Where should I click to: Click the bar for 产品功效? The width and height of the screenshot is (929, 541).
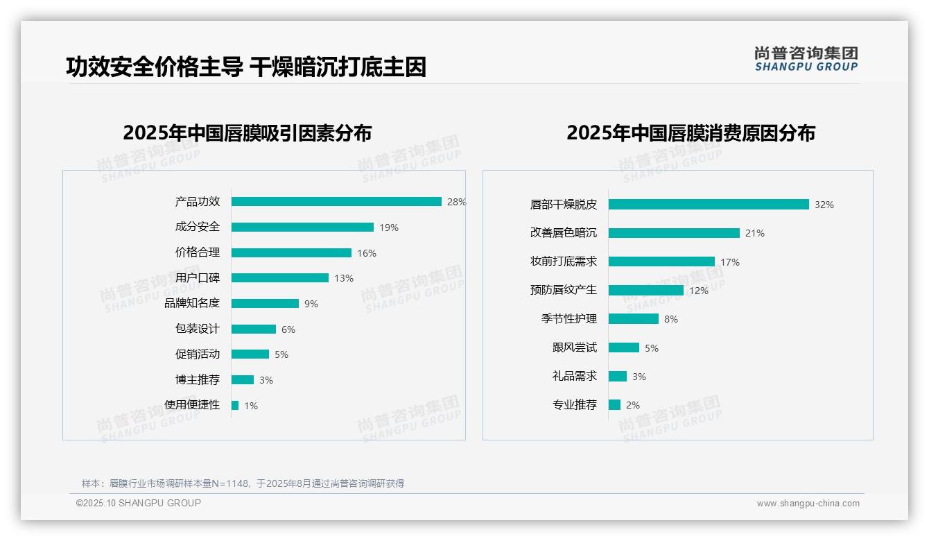pyautogui.click(x=336, y=202)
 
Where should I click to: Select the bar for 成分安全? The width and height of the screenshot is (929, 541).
pyautogui.click(x=302, y=227)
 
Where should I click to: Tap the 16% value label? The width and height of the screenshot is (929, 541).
pyautogui.click(x=367, y=253)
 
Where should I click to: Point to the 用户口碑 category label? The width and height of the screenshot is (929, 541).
pyautogui.click(x=198, y=278)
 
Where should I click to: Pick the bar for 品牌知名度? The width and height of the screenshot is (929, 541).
pyautogui.click(x=265, y=304)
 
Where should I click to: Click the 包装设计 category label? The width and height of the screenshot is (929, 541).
pyautogui.click(x=198, y=329)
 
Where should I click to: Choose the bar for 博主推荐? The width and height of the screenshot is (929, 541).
pyautogui.click(x=243, y=380)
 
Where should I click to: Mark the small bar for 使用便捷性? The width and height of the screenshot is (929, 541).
pyautogui.click(x=235, y=405)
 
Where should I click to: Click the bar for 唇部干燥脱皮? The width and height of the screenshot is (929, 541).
pyautogui.click(x=709, y=205)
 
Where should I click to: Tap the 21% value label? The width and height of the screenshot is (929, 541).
pyautogui.click(x=755, y=233)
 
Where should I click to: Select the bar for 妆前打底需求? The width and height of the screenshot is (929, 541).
pyautogui.click(x=661, y=261)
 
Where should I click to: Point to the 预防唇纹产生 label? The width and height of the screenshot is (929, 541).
pyautogui.click(x=564, y=290)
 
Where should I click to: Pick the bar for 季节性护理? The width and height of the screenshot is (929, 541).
pyautogui.click(x=634, y=319)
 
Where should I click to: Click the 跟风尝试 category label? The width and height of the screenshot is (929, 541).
pyautogui.click(x=575, y=347)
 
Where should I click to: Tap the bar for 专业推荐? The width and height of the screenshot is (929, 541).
pyautogui.click(x=614, y=405)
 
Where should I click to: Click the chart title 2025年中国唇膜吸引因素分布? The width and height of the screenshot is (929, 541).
pyautogui.click(x=248, y=132)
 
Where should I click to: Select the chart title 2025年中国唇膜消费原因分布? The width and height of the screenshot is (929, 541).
pyautogui.click(x=691, y=132)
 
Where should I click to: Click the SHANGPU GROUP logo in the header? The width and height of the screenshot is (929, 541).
pyautogui.click(x=806, y=59)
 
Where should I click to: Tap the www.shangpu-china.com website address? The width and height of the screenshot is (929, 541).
pyautogui.click(x=808, y=504)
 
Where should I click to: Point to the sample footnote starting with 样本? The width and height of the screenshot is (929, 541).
pyautogui.click(x=243, y=483)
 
